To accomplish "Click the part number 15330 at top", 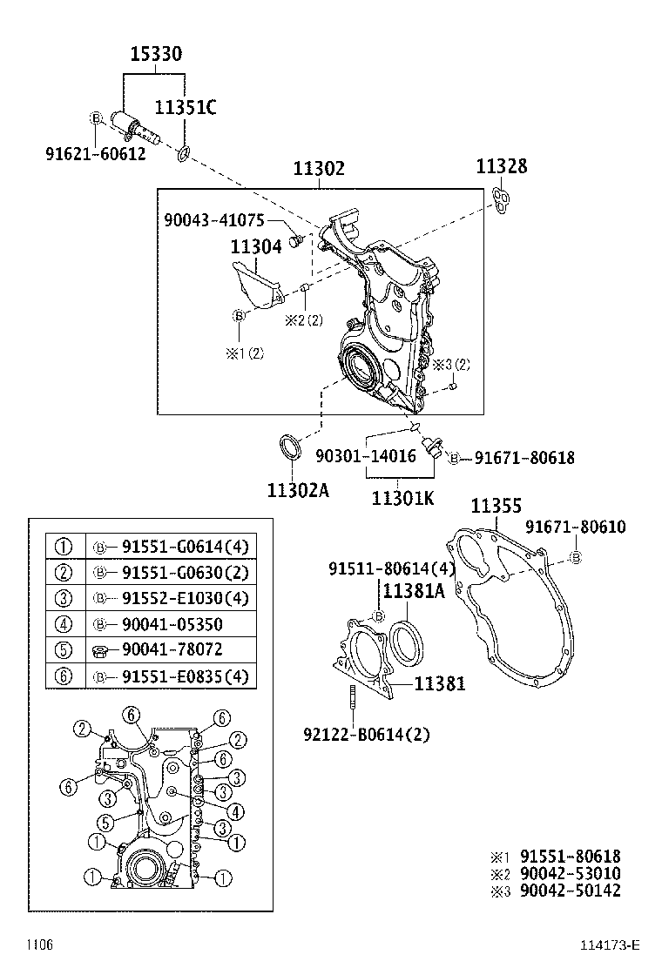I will tap(156, 55).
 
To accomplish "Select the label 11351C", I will tap(186, 108).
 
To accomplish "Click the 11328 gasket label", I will tap(501, 167).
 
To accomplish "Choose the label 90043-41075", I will tap(214, 220).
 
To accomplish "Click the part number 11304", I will tap(256, 247).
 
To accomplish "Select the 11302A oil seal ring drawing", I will tap(290, 448).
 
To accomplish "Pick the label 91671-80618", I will tap(524, 457).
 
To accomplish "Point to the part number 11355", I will tap(496, 506).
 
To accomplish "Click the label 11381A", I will tap(414, 591).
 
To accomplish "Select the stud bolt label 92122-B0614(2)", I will tap(367, 734).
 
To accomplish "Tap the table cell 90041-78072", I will tap(172, 650).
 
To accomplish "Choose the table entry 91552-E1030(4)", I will tap(185, 599).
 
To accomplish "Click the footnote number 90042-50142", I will tap(570, 890).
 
